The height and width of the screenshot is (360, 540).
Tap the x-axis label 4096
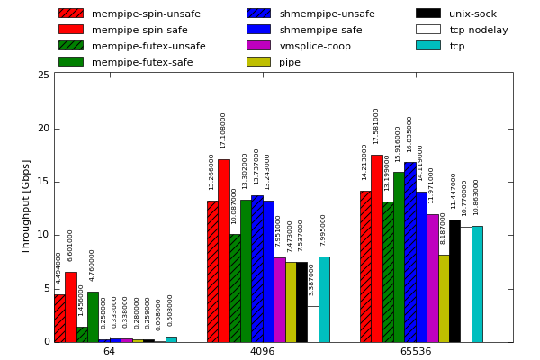[x=262, y=351]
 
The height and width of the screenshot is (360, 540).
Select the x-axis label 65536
[x=415, y=351]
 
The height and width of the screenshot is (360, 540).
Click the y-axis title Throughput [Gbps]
[x=26, y=207]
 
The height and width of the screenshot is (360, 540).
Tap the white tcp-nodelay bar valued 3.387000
[x=312, y=324]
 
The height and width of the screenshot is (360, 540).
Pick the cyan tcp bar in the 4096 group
[x=324, y=299]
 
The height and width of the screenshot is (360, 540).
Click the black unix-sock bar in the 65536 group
[x=454, y=281]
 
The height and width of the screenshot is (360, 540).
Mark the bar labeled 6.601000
[x=70, y=307]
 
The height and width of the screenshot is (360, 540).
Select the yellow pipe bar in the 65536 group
[x=444, y=298]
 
